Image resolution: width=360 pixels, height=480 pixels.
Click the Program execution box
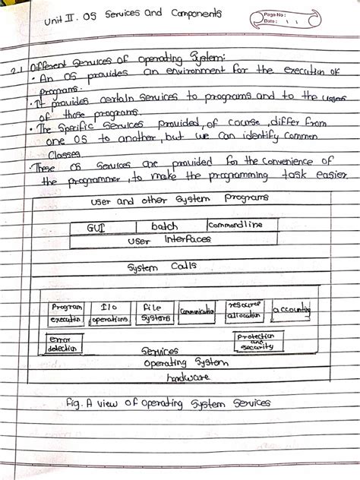tap(65, 313)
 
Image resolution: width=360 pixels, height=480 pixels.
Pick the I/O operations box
tap(109, 313)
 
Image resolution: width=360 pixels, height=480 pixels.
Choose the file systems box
tap(154, 313)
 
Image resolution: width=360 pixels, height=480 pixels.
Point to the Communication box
tap(197, 311)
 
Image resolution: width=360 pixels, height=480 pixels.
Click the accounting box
tap(292, 310)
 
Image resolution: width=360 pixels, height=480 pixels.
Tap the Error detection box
tap(63, 343)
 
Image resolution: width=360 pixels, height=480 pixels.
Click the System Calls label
tap(161, 267)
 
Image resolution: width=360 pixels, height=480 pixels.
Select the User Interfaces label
tap(169, 239)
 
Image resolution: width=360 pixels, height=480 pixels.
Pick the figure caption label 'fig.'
tap(74, 403)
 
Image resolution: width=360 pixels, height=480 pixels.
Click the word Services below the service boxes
tap(160, 352)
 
